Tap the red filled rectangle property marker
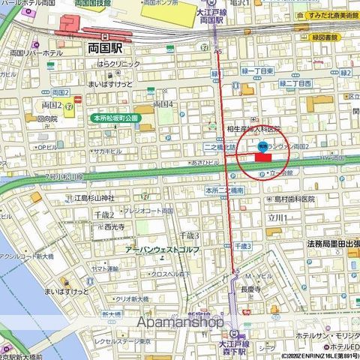coord(263,157)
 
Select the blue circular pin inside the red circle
coord(262,146)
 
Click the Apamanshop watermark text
coord(180,322)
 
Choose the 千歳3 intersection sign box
coord(242,246)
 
